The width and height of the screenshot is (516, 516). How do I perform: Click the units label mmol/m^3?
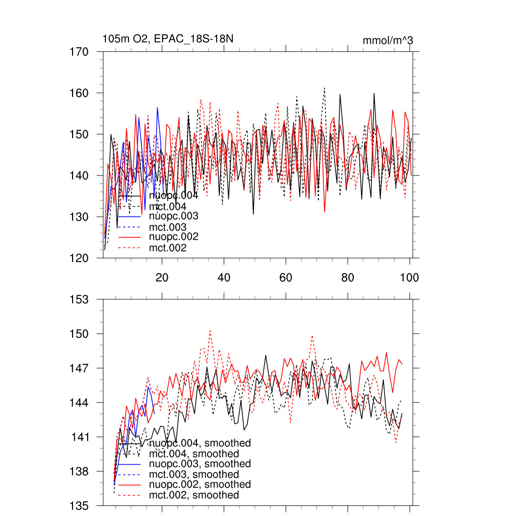pyautogui.click(x=388, y=40)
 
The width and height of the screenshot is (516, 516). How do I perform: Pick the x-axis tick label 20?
pyautogui.click(x=162, y=278)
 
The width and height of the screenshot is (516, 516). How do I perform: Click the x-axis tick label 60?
pyautogui.click(x=286, y=278)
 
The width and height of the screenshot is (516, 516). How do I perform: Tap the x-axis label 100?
pyautogui.click(x=409, y=278)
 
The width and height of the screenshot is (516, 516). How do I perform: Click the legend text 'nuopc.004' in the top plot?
pyautogui.click(x=170, y=196)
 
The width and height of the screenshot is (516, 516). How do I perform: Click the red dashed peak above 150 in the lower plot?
pyautogui.click(x=210, y=331)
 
